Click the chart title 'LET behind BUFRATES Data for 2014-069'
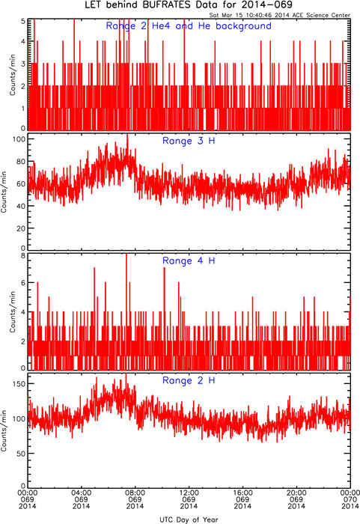pos(188,5)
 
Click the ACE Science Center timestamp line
pos(279,15)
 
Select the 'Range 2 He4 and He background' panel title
pos(189,26)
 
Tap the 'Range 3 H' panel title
pos(189,141)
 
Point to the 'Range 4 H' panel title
pos(189,261)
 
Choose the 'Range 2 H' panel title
pos(189,380)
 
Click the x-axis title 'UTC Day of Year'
pos(189,520)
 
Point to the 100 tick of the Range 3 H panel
pos(19,139)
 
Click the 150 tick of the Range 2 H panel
pos(19,383)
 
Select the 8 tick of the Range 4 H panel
pos(23,256)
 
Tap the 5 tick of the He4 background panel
pos(23,21)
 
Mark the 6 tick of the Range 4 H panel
pos(23,282)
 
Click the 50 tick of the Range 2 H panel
pos(21,454)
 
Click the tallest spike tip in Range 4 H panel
pos(126,254)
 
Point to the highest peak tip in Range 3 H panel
pos(127,134)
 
